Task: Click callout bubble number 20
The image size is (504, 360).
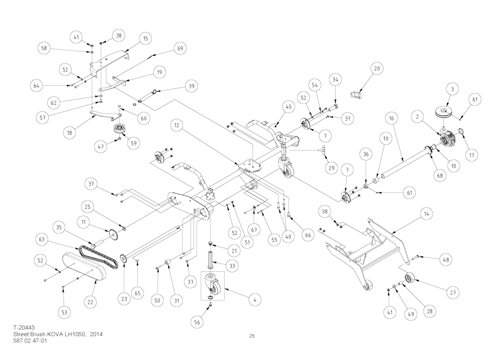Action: pos(377,69)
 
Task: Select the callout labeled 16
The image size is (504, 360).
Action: pos(391,119)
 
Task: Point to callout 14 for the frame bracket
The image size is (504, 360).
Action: pos(425,214)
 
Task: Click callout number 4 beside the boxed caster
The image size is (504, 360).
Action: pos(254,299)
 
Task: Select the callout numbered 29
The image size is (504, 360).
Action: pos(331,168)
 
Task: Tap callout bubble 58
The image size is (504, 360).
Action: pos(44,48)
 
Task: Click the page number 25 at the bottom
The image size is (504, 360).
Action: pos(252,336)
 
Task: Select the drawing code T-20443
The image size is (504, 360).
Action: pos(24,327)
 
